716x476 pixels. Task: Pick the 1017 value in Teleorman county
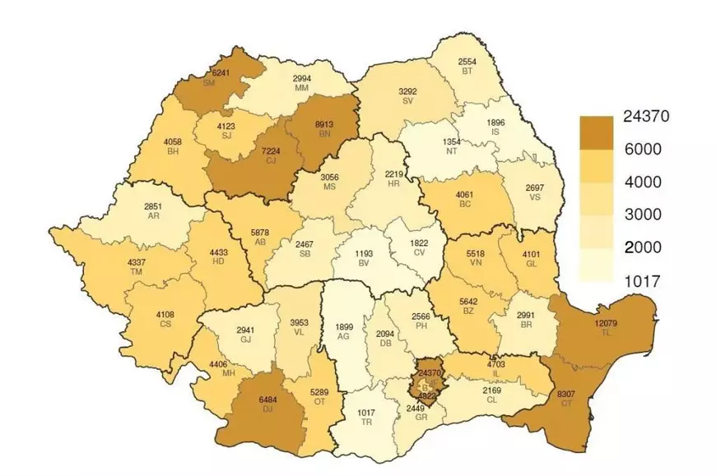[365, 412]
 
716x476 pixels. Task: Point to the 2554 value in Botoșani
[467, 62]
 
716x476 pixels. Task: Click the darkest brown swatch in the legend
[596, 129]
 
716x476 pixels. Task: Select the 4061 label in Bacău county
[467, 196]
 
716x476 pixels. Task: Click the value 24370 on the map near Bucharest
[429, 372]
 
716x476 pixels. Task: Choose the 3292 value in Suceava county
[407, 92]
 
